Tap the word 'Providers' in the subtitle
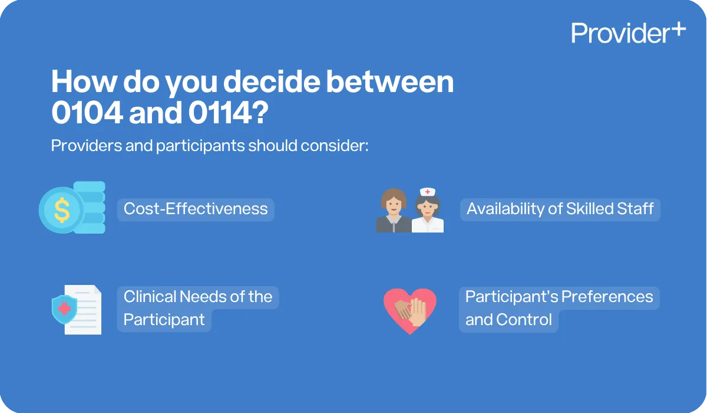pos(85,145)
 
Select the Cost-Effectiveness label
pos(196,209)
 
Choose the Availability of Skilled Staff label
pos(560,209)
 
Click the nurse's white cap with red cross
pos(427,192)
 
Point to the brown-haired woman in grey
pos(394,211)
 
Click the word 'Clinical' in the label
pos(149,296)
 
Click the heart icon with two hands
pos(409,310)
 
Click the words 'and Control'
pos(508,320)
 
